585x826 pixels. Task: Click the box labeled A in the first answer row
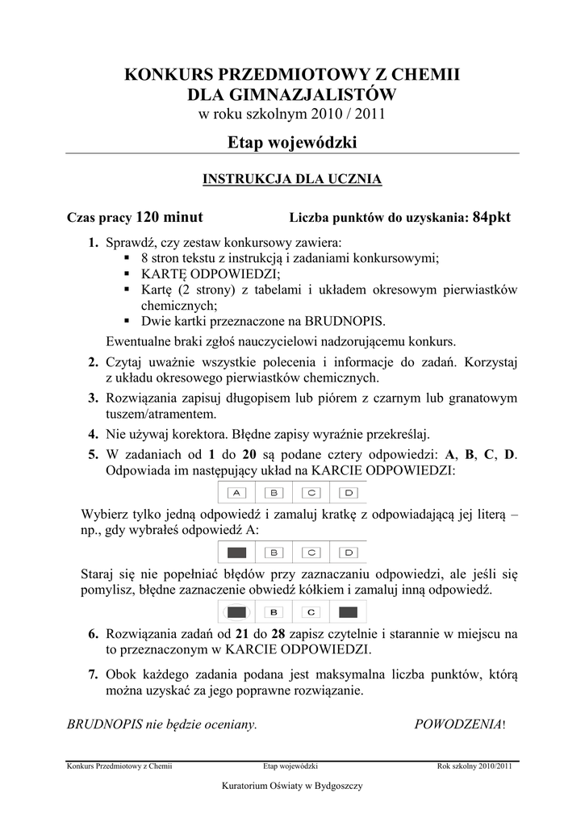(x=237, y=492)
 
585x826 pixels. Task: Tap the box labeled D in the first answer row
(x=349, y=492)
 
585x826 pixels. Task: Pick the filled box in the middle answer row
(x=237, y=553)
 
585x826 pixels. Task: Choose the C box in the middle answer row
(x=311, y=553)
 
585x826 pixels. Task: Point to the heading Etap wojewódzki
(x=292, y=142)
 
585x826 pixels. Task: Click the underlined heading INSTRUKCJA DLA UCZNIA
(x=291, y=179)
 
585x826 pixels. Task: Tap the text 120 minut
(x=169, y=217)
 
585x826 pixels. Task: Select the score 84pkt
(x=491, y=217)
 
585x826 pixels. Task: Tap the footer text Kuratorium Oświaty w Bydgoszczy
(x=292, y=786)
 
